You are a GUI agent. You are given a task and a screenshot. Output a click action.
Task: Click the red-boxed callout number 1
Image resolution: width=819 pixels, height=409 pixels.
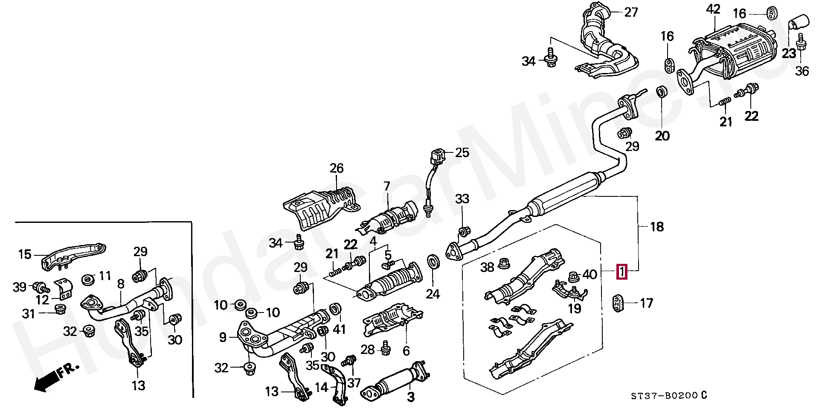[622, 271]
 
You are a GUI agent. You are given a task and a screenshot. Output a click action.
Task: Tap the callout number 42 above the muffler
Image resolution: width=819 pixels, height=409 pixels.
[713, 10]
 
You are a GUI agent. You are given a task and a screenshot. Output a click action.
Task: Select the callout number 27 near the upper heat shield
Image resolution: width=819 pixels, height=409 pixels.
[631, 12]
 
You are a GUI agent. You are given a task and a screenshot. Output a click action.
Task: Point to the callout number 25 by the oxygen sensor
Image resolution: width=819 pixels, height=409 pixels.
[462, 152]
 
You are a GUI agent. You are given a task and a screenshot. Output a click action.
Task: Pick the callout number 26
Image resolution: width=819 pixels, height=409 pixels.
[336, 168]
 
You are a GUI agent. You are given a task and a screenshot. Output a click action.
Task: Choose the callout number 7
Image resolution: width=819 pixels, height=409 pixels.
[386, 186]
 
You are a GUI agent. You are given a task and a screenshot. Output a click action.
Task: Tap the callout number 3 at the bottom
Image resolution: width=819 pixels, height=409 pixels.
[410, 397]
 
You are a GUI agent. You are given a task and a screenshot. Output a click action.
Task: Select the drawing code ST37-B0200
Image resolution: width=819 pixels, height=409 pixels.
[664, 396]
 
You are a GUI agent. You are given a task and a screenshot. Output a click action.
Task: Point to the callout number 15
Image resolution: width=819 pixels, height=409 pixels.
[25, 254]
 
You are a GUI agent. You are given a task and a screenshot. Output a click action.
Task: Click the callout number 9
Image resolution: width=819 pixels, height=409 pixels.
[223, 338]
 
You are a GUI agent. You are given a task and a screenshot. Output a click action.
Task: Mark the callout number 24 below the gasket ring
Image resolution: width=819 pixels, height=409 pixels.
[433, 294]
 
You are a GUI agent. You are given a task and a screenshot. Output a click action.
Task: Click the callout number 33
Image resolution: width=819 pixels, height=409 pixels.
[462, 199]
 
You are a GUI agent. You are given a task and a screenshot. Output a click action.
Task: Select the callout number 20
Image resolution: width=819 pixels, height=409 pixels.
[662, 136]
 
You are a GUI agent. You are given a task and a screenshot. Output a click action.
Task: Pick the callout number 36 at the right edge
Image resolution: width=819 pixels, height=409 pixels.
[802, 71]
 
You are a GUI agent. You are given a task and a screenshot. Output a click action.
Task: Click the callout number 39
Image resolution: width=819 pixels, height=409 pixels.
[20, 287]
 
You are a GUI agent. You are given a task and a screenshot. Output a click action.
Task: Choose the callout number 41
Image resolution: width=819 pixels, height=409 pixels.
[339, 329]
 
